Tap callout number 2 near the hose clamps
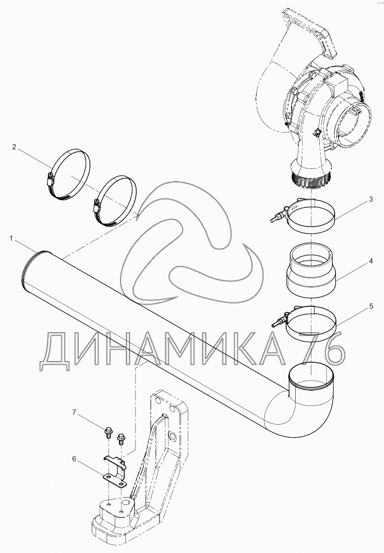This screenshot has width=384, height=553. coord(14,147)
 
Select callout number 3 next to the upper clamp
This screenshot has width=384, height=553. coord(371,199)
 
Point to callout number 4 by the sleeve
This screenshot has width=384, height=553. coord(371,261)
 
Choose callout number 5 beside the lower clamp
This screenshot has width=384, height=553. coord(371,307)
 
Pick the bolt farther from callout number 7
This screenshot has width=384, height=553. coord(120,438)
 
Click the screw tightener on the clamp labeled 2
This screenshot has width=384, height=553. coord(50,179)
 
